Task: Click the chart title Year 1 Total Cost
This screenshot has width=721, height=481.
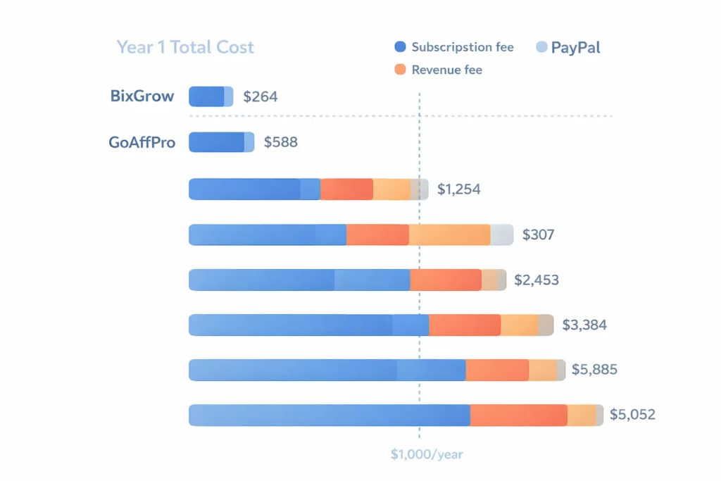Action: coord(185,47)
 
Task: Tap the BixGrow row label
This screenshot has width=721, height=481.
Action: coord(142,96)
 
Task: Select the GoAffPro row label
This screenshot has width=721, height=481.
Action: coord(142,142)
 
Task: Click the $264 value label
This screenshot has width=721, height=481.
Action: coord(261,96)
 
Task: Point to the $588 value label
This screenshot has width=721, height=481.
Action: coord(280,142)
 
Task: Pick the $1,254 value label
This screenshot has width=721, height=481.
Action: coord(458,189)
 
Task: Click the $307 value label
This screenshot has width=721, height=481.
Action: coord(538,235)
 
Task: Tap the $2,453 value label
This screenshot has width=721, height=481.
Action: coord(537,280)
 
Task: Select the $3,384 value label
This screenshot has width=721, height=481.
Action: coord(584,325)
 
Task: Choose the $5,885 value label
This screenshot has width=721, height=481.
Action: coord(594,369)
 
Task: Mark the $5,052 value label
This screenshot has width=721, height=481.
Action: coord(632,415)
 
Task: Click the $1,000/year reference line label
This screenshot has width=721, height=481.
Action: coord(427,455)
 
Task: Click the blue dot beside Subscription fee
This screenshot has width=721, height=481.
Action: coord(401,47)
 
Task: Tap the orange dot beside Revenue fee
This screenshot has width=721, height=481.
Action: coord(401,70)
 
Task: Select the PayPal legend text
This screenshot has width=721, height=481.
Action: coord(575,47)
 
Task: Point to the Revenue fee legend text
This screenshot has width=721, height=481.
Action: coord(446,70)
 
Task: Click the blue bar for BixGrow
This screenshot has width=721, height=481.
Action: coord(207,96)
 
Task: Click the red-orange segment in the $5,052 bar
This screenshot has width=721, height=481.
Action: coord(518,415)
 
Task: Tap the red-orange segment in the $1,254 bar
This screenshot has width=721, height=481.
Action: coord(346,189)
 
